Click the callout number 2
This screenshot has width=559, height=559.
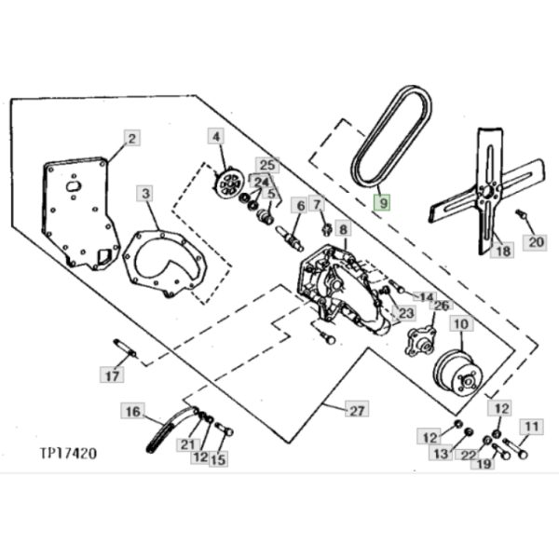[131, 139]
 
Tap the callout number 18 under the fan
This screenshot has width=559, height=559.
[503, 250]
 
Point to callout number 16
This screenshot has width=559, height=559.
[131, 410]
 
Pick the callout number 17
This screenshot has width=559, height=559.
[113, 376]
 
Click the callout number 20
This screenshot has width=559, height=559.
[534, 243]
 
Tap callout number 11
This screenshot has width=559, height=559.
[530, 428]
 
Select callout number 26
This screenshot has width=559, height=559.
[441, 306]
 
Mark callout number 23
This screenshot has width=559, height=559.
[405, 314]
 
